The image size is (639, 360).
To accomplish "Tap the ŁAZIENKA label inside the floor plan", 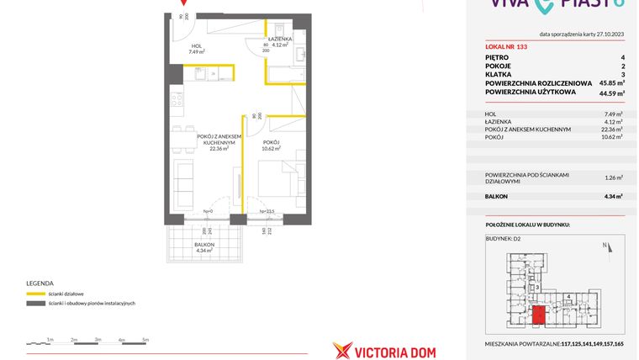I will [x=279, y=40].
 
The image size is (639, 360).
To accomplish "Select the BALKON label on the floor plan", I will [x=204, y=244].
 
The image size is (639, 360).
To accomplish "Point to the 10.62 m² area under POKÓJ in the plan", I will [x=271, y=149].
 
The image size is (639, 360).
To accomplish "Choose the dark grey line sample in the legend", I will [x=36, y=303].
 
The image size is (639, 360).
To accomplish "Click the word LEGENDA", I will [x=40, y=283].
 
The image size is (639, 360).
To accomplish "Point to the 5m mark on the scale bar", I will [x=145, y=339].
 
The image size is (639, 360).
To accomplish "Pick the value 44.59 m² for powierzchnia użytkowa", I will [x=610, y=94].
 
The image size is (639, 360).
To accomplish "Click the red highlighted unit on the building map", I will [x=539, y=315].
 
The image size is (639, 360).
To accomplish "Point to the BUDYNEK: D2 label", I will [x=504, y=239].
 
